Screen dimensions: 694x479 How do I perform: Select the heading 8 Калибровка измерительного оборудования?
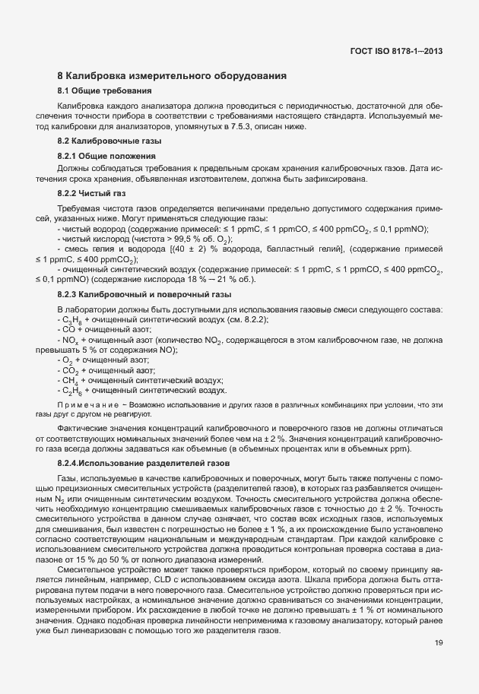(x=172, y=76)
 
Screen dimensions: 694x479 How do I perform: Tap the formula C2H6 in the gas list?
(x=70, y=391)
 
